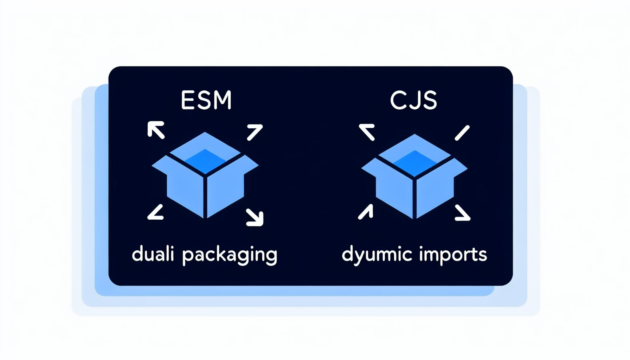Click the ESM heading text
pos(206,100)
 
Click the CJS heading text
pos(414,100)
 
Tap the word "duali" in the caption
pos(153,254)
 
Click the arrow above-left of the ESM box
pos(156,130)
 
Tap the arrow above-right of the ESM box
pos(255,132)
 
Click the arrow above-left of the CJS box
pos(367,132)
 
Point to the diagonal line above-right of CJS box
pos(462,133)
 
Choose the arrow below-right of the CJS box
pos(462,213)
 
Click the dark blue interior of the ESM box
pos(205,160)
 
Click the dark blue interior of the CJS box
pos(415,162)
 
